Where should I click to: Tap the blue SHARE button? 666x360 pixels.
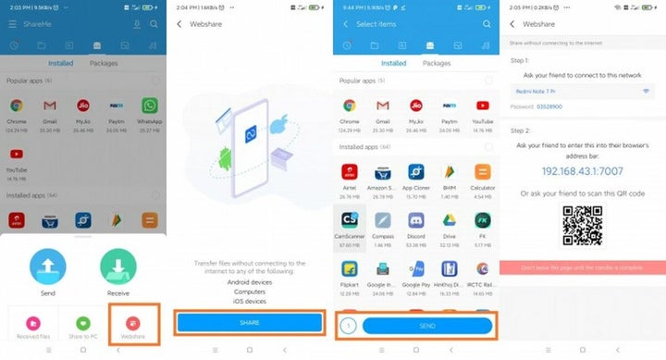tap(250, 322)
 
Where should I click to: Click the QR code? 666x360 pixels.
tap(582, 224)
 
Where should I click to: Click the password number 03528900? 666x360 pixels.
tap(552, 107)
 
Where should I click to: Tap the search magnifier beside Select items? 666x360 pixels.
tap(487, 23)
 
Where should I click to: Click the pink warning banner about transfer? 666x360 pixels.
tap(582, 267)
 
